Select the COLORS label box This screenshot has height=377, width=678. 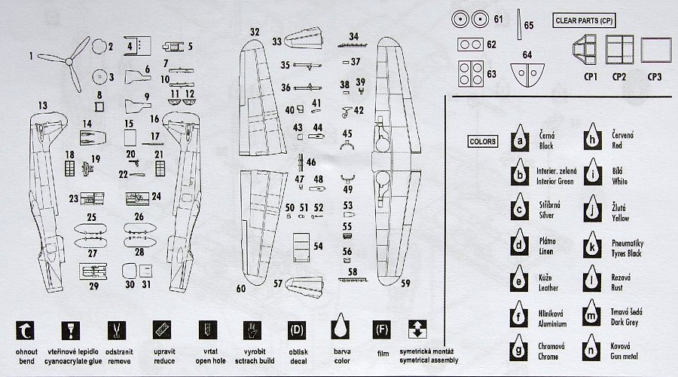[x=482, y=141]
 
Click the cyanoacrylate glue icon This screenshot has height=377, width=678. [x=72, y=329]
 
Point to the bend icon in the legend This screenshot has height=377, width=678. [x=27, y=329]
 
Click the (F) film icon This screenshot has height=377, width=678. [x=382, y=329]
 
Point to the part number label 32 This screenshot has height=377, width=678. [x=255, y=32]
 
